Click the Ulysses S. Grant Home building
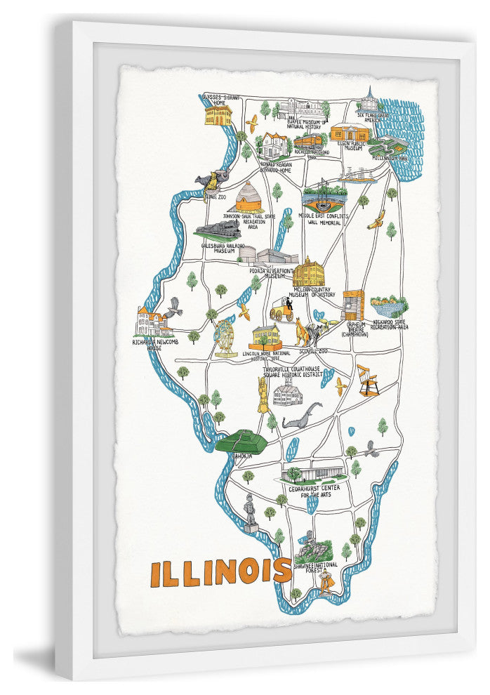pyautogui.click(x=218, y=115)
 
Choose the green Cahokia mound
pyautogui.click(x=241, y=441)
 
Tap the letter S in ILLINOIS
pyautogui.click(x=282, y=571)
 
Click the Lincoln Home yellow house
pyautogui.click(x=266, y=336)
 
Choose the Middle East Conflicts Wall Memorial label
pyautogui.click(x=324, y=219)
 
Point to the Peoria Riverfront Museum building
pyautogui.click(x=268, y=256)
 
